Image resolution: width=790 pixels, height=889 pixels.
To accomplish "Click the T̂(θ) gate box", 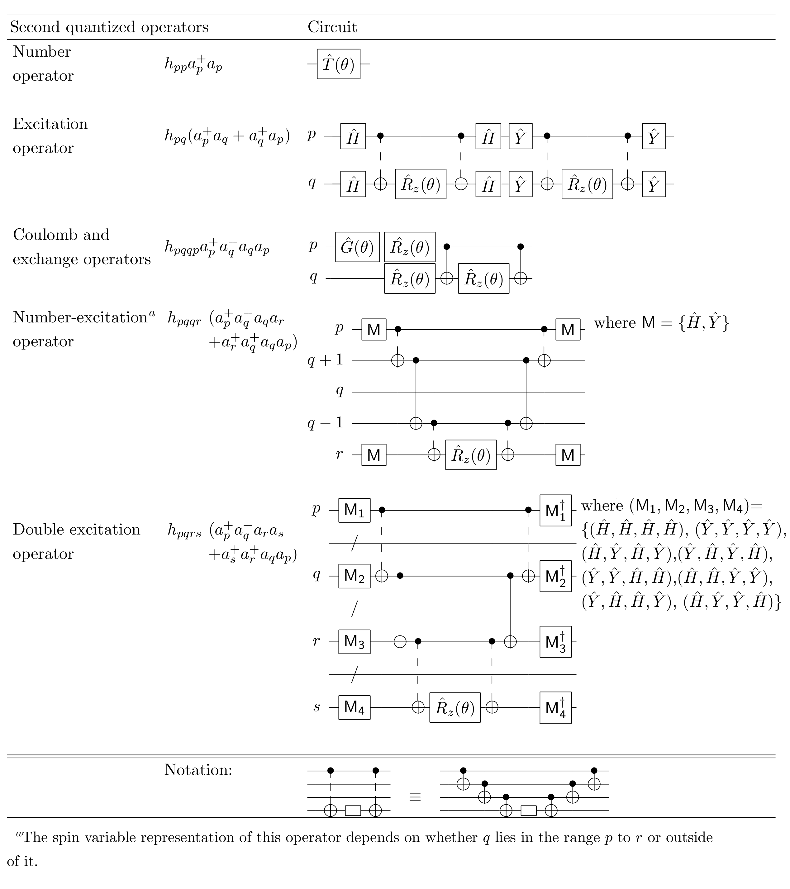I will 338,64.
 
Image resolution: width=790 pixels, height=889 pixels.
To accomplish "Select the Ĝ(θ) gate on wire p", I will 357,247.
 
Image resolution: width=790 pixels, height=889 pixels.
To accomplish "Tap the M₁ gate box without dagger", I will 354,510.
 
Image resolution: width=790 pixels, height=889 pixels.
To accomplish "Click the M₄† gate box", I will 555,708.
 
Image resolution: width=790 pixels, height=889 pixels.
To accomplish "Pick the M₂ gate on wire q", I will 354,576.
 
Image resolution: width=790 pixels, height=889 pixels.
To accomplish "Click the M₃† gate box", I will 555,642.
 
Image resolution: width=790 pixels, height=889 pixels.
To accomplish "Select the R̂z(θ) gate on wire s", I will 455,708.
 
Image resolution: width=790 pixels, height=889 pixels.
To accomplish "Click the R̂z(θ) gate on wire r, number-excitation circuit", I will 471,455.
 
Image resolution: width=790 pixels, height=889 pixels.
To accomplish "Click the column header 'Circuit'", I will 332,27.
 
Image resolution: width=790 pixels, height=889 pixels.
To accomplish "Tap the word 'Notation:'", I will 198,770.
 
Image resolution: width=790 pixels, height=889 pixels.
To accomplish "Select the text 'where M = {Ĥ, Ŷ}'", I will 661,323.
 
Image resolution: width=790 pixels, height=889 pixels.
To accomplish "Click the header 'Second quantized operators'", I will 109,27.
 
